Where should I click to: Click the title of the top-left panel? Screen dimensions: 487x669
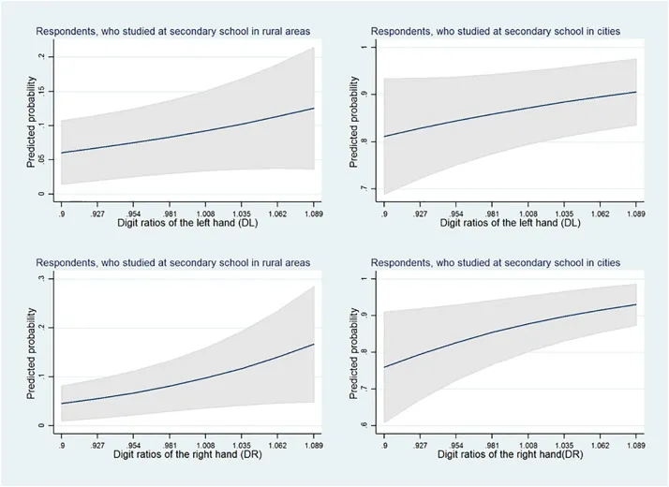point(173,31)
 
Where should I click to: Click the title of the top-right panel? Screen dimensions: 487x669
point(496,31)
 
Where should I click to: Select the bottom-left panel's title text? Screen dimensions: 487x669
point(173,262)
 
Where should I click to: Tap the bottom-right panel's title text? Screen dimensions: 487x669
point(496,262)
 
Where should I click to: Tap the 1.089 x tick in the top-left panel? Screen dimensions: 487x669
point(313,212)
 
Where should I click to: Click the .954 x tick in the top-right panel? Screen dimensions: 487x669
point(458,212)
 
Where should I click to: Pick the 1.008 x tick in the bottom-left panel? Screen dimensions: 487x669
point(212,443)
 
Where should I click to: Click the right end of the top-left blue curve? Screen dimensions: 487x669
point(313,108)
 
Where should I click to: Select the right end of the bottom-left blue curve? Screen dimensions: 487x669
point(313,344)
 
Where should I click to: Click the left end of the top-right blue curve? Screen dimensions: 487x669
point(384,137)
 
